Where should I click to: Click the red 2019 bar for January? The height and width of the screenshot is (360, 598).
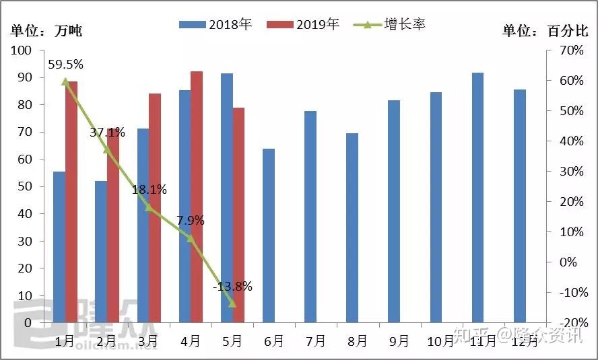[71, 202]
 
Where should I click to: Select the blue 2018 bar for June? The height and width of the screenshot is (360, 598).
[268, 236]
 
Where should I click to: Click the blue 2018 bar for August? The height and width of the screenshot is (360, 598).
[352, 228]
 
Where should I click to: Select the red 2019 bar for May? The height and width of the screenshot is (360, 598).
[238, 215]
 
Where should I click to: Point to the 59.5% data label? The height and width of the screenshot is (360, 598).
[65, 65]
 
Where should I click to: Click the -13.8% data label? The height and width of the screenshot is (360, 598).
[232, 287]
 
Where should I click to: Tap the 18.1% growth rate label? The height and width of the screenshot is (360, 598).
[149, 190]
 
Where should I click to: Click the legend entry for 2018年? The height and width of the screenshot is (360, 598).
[216, 25]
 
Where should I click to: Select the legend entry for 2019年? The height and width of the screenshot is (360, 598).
[303, 25]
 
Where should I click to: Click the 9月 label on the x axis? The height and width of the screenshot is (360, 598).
[399, 341]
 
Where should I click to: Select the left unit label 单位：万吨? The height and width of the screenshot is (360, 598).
[46, 31]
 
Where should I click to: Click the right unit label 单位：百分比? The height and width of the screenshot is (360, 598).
[545, 31]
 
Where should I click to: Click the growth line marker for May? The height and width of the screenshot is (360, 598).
[232, 303]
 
